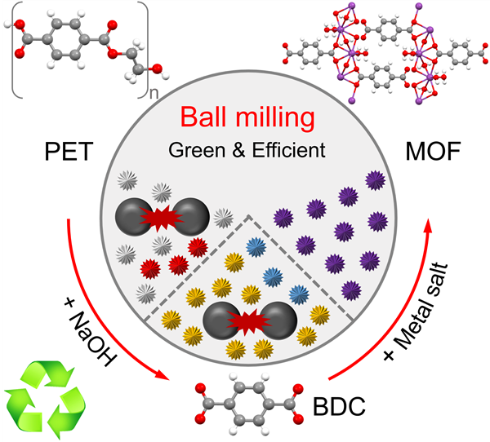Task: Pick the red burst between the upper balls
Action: point(160,216)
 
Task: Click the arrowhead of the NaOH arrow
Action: point(166,378)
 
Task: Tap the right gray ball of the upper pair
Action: point(189,215)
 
